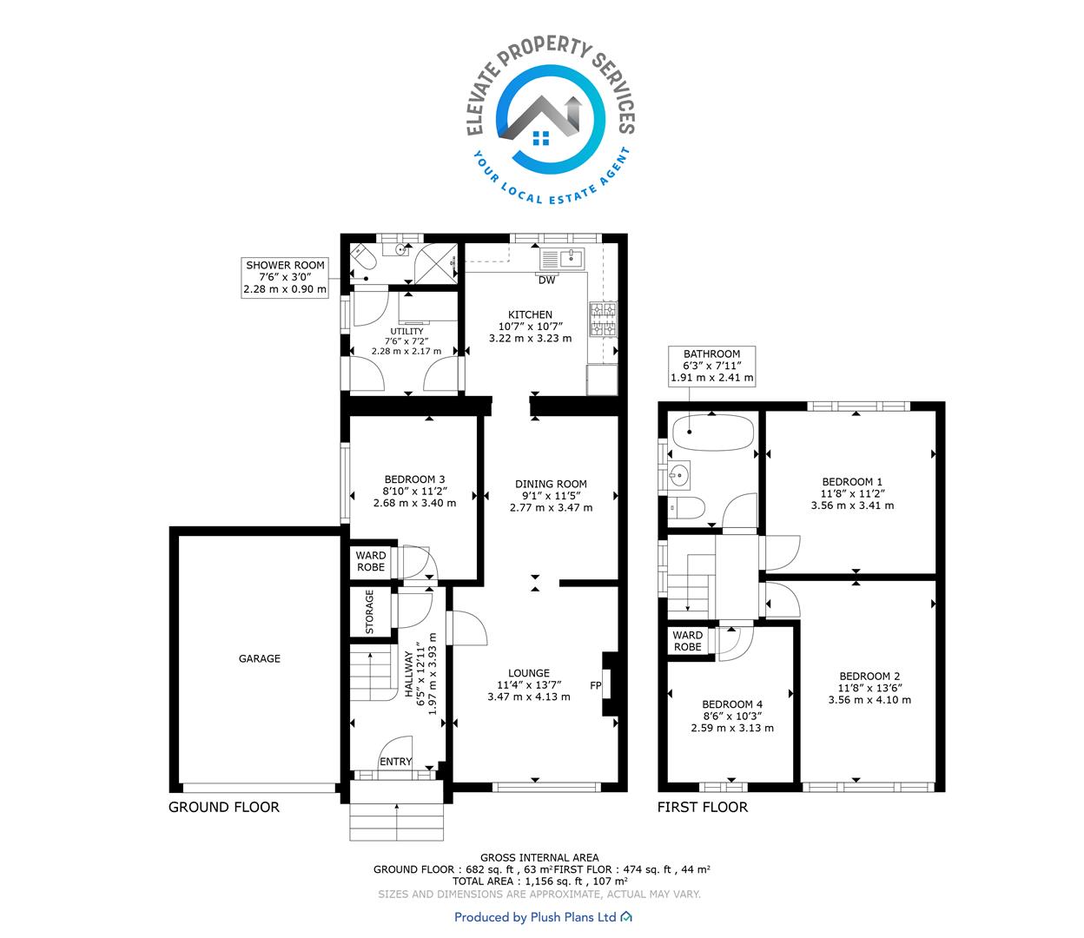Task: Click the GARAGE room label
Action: click(259, 658)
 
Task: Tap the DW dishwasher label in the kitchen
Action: click(546, 280)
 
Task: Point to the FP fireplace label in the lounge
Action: click(596, 685)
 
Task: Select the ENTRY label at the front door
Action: click(396, 762)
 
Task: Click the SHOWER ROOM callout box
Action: click(285, 277)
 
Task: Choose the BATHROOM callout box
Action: click(711, 366)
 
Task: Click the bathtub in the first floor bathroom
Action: click(713, 433)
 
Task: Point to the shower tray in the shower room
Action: click(436, 263)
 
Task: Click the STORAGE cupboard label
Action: click(370, 612)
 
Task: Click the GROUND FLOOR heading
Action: click(224, 807)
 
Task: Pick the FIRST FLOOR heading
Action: click(703, 807)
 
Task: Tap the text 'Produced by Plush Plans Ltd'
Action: click(535, 917)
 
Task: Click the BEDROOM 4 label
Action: click(732, 704)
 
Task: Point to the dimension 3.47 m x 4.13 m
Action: click(529, 697)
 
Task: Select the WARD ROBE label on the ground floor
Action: click(371, 561)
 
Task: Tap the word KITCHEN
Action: click(530, 314)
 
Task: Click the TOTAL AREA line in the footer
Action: click(540, 881)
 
